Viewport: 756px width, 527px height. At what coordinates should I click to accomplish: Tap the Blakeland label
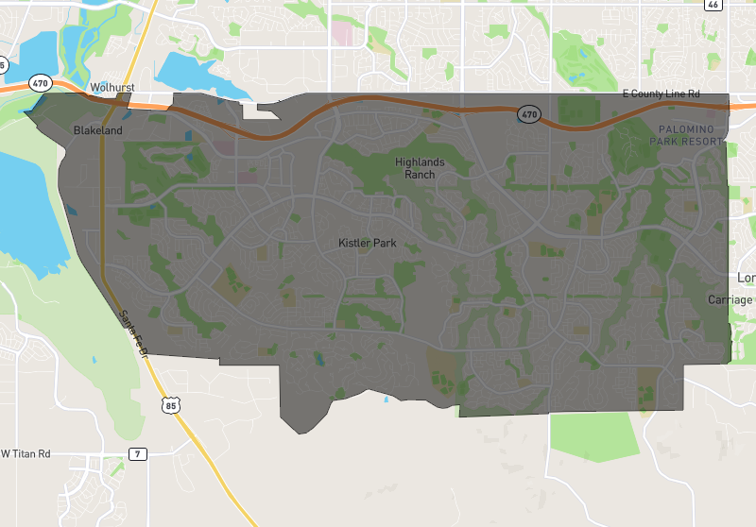[x=98, y=130]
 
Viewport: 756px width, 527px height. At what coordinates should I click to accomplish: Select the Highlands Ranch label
[x=420, y=168]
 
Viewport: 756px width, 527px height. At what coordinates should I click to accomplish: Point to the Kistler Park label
[x=368, y=243]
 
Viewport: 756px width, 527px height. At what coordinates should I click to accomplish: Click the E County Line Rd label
[x=661, y=94]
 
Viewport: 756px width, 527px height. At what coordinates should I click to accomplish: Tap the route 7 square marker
[x=138, y=454]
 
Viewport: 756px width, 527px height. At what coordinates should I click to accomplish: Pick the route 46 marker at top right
[x=713, y=5]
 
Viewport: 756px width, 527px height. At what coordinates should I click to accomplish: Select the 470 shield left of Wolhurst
[x=40, y=83]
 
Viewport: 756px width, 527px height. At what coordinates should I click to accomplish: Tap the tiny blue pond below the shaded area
[x=386, y=399]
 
